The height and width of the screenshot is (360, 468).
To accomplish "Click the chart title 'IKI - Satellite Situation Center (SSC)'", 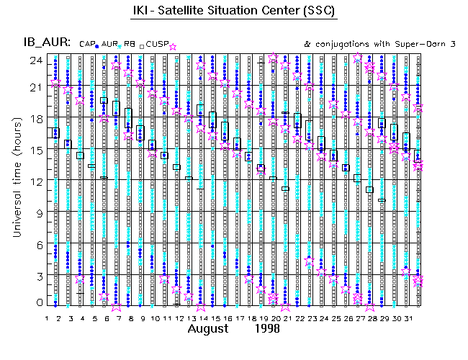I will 234,12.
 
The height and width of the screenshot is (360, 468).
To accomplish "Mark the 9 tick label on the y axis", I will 37,212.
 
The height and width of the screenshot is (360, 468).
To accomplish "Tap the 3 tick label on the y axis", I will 37,275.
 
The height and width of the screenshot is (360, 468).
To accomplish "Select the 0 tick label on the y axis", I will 37,303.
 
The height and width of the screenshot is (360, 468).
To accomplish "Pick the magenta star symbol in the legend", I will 172,46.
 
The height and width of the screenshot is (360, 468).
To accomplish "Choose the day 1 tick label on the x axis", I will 47,317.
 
